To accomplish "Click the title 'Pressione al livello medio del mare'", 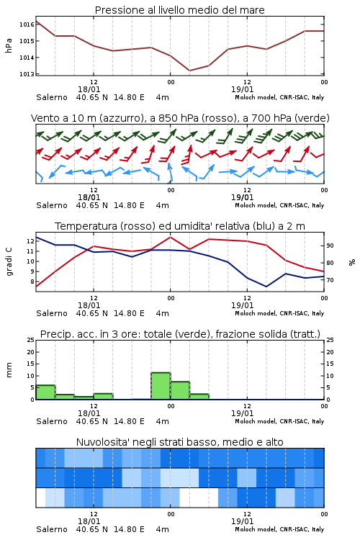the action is [x=179, y=10].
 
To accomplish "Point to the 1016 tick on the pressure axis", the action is [x=27, y=24].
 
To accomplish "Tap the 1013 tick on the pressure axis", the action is [x=27, y=74].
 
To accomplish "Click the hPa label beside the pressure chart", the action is [x=9, y=45].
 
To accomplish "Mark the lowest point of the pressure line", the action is [x=189, y=71].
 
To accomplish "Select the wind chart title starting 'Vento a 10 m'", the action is [x=180, y=118].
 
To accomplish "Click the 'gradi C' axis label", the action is [x=9, y=261].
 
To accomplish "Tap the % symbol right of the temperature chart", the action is [x=352, y=262].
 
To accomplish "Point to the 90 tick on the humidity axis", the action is [x=330, y=246].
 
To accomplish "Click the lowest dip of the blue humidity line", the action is [x=266, y=287].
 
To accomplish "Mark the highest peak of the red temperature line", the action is [x=170, y=237].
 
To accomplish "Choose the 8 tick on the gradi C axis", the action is [x=32, y=282].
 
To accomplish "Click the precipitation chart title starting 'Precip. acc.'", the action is [x=180, y=334].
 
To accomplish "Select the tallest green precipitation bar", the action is [x=161, y=386].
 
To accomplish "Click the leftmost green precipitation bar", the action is [x=45, y=392].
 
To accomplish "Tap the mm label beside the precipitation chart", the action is [x=9, y=370].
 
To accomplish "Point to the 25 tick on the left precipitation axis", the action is [x=31, y=340].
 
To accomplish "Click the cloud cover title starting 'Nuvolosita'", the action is [x=179, y=442].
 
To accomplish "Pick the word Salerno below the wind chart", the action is [x=52, y=205].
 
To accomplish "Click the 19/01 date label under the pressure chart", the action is [x=242, y=89].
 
